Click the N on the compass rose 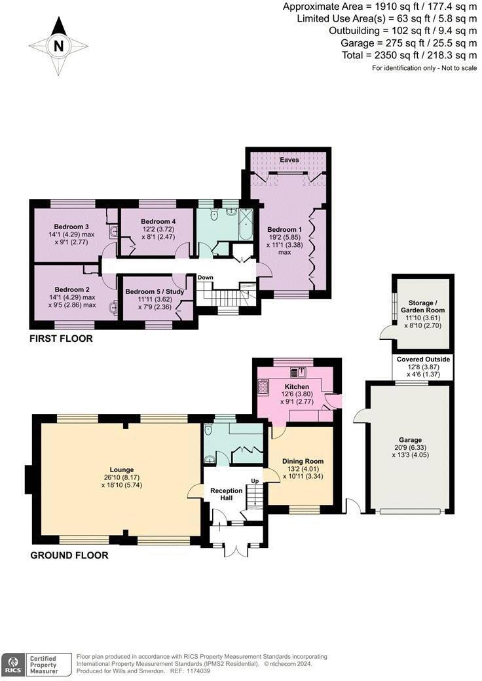pos(59,46)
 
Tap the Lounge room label pos(122,469)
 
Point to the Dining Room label pos(303,461)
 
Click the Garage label pos(410,440)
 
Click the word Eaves pos(289,160)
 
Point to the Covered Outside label pos(423,359)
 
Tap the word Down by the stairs pos(206,278)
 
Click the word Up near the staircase pos(255,482)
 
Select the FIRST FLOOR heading pos(61,339)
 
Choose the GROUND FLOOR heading pos(69,555)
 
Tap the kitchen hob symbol pos(264,388)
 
